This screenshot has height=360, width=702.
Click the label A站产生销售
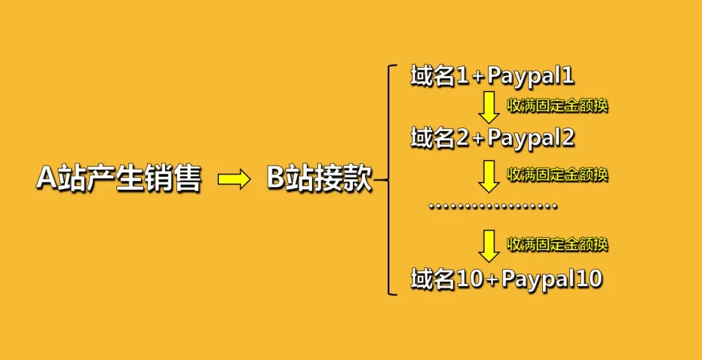pyautogui.click(x=118, y=179)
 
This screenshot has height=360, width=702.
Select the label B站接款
pyautogui.click(x=319, y=179)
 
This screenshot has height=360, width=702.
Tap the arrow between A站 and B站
pyautogui.click(x=233, y=179)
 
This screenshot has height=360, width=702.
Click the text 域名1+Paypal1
pyautogui.click(x=492, y=77)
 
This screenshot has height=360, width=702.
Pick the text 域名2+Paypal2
pyautogui.click(x=492, y=138)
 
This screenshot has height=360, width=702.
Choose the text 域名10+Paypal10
pyautogui.click(x=506, y=279)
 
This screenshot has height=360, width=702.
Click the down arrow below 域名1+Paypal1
pyautogui.click(x=489, y=108)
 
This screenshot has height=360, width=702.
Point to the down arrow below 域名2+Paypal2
pyautogui.click(x=489, y=177)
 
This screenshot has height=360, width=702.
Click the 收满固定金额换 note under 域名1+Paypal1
pyautogui.click(x=557, y=105)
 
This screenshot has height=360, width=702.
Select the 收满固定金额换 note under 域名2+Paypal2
pyautogui.click(x=557, y=174)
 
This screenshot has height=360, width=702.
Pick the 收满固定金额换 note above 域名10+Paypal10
pyautogui.click(x=557, y=244)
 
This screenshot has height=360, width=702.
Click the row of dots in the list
pyautogui.click(x=493, y=207)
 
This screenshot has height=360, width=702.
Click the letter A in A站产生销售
pyautogui.click(x=47, y=179)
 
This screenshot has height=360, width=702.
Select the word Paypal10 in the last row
pyautogui.click(x=552, y=279)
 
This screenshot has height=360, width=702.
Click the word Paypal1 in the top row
pyautogui.click(x=530, y=77)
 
